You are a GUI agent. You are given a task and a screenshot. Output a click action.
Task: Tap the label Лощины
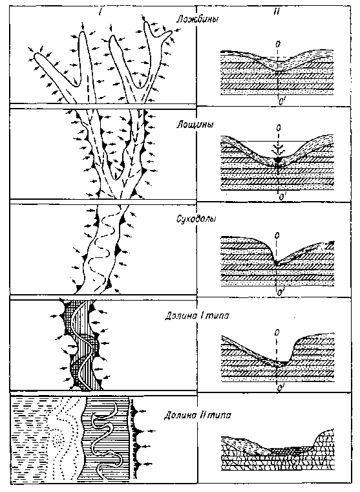[x=195, y=124]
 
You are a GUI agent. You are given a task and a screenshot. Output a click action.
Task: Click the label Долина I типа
[x=197, y=316]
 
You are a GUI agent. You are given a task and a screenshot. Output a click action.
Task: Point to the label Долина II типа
[x=198, y=415]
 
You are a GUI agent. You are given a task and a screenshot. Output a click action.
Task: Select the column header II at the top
[x=276, y=12]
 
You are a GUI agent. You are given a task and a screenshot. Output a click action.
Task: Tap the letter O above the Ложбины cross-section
[x=277, y=44]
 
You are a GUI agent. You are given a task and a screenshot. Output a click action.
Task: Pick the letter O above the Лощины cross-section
[x=277, y=129]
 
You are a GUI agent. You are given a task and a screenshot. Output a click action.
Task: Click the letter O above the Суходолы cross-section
[x=277, y=235]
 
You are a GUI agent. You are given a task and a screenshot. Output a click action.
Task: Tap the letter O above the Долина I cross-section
[x=277, y=332]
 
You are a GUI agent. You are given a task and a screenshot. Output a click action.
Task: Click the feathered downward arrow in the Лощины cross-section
[x=278, y=145]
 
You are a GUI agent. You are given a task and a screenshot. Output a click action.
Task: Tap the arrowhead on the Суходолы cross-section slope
[x=332, y=242]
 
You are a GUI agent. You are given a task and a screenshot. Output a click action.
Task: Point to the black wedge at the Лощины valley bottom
[x=278, y=160]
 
